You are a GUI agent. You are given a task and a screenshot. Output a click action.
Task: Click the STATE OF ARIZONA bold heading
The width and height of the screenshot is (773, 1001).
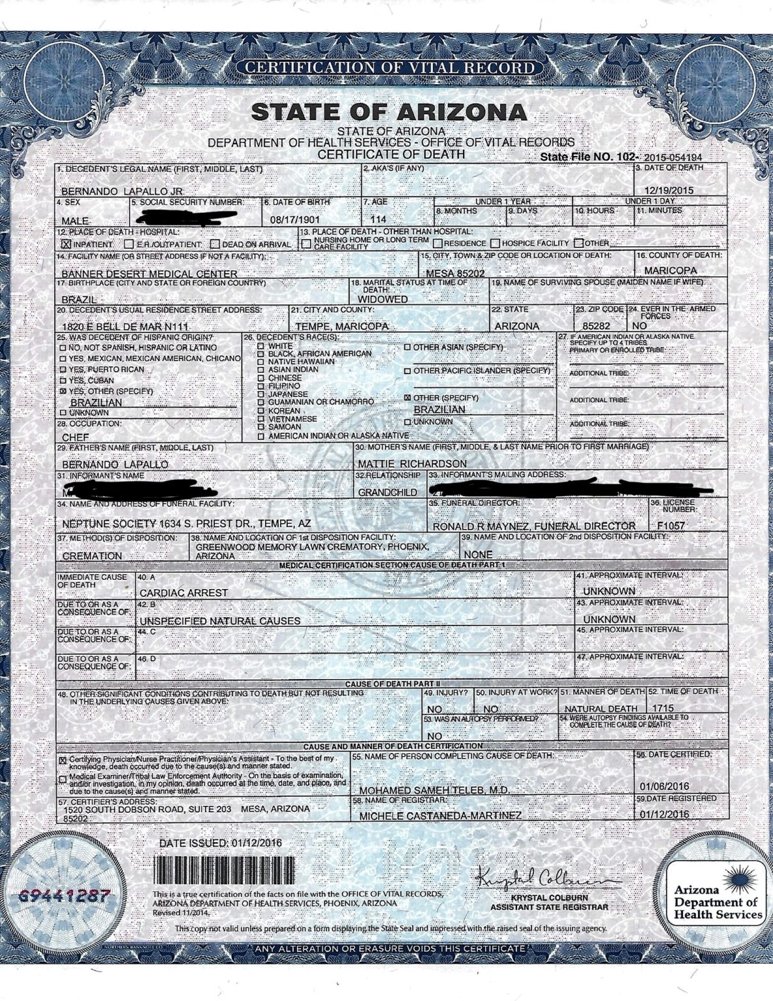tap(389, 111)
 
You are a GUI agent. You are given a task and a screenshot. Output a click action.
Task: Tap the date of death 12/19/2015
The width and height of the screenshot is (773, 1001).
tap(669, 190)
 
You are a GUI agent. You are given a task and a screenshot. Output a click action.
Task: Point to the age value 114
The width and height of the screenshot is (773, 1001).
tap(378, 220)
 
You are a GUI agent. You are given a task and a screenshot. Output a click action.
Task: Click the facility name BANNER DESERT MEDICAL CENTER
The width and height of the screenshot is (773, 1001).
tap(149, 274)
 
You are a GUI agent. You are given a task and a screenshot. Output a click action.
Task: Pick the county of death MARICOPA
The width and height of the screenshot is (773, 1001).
tap(670, 270)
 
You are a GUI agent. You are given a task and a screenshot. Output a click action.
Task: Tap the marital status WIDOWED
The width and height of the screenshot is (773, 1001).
tap(383, 299)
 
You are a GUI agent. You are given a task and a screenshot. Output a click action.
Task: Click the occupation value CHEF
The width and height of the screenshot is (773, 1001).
tap(76, 437)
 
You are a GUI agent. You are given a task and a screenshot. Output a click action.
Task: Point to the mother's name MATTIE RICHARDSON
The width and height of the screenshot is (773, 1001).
tap(412, 463)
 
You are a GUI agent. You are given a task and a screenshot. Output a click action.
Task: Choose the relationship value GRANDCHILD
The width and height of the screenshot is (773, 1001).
tap(387, 492)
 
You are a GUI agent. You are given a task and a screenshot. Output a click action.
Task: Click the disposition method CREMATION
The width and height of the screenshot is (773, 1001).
tap(92, 556)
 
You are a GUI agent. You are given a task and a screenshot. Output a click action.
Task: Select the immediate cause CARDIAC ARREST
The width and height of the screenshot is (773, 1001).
tap(184, 592)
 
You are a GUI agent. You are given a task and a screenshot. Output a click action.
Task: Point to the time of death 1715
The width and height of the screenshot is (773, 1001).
tap(662, 708)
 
